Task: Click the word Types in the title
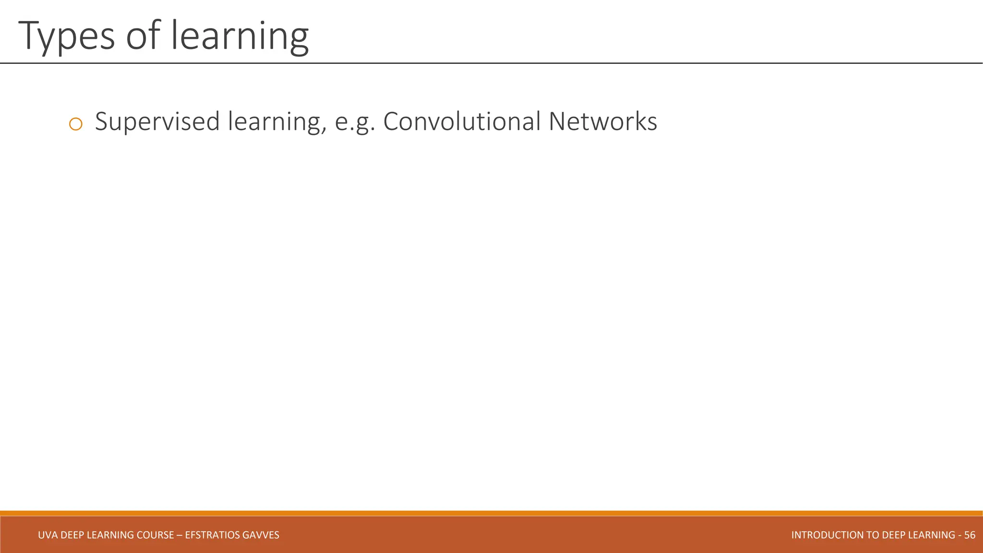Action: (67, 36)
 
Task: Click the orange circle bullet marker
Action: (76, 124)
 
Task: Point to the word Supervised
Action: (157, 121)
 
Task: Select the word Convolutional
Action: (462, 121)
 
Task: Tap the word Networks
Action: (602, 121)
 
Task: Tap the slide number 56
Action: (970, 535)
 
